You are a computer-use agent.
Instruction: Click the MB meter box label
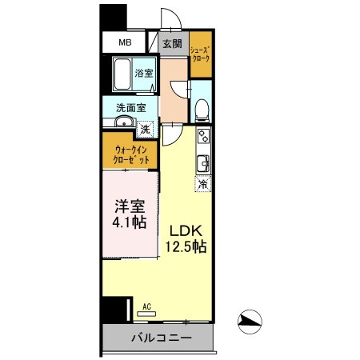point(126,43)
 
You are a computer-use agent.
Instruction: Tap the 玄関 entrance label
point(172,43)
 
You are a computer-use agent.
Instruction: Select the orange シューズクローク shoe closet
point(200,54)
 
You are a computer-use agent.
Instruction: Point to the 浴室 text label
point(145,72)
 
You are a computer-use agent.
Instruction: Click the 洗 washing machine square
point(146,127)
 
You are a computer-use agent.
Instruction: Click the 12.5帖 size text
point(186,247)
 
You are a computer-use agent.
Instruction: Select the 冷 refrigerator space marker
point(202,183)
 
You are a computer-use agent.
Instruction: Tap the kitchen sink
point(204,163)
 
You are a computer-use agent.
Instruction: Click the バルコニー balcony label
point(161,338)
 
